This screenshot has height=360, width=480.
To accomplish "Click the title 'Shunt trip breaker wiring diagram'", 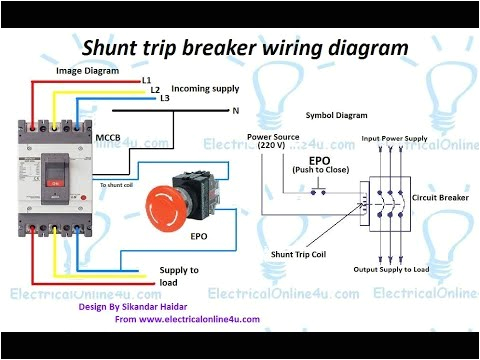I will point(244,47).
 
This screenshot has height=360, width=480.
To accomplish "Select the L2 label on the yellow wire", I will point(154,89).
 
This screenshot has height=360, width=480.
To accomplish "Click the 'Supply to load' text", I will point(179,276).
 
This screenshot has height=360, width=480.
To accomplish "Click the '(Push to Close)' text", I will point(319,169).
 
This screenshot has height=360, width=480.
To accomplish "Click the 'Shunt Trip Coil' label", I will point(301,254).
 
